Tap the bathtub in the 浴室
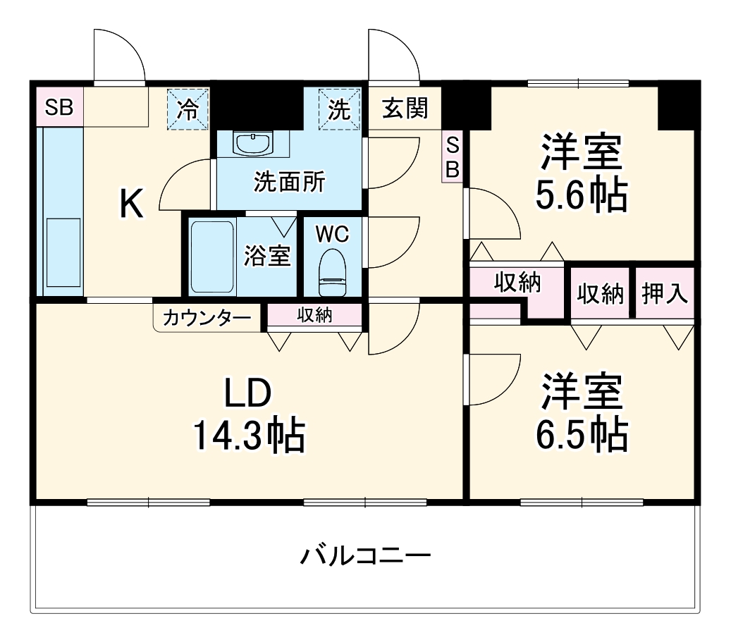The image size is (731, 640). coord(211,257)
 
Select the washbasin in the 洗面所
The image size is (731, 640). coord(253,144)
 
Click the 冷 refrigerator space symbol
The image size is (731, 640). coord(188,109)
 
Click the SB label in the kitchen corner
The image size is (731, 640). coord(59,108)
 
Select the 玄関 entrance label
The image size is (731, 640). coord(405,108)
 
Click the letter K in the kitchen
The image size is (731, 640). coord(131,204)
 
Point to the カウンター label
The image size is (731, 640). coord(207,318)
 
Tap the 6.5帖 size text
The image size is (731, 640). coord(581,436)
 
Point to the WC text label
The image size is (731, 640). coord(331,233)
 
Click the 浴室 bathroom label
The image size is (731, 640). coord(267,257)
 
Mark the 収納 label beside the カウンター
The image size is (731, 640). coord(314,316)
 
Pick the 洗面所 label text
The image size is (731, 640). coord(289,183)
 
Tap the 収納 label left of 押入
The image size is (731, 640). coord(601,293)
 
